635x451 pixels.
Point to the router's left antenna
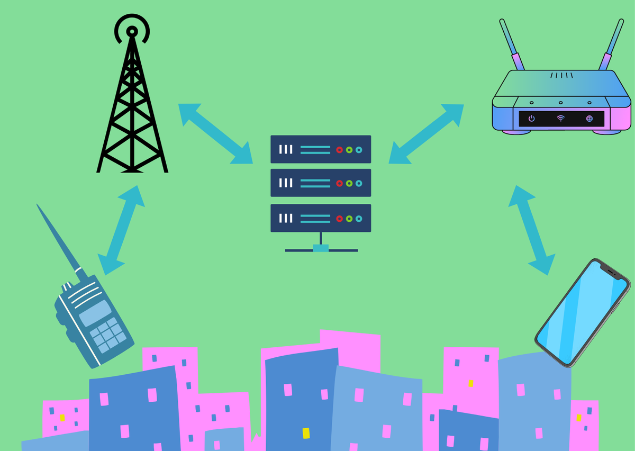(x=511, y=44)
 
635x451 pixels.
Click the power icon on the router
(x=531, y=119)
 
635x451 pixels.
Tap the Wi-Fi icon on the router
(x=560, y=119)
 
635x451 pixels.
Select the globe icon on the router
(x=589, y=119)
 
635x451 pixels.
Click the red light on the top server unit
(x=339, y=150)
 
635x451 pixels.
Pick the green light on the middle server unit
(x=349, y=183)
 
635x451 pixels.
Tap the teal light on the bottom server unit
(x=359, y=218)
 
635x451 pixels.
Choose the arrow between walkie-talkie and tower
(x=121, y=230)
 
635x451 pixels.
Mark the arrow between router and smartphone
(x=532, y=230)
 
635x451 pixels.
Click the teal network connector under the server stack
(x=321, y=248)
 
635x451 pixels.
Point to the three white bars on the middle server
(x=286, y=183)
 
